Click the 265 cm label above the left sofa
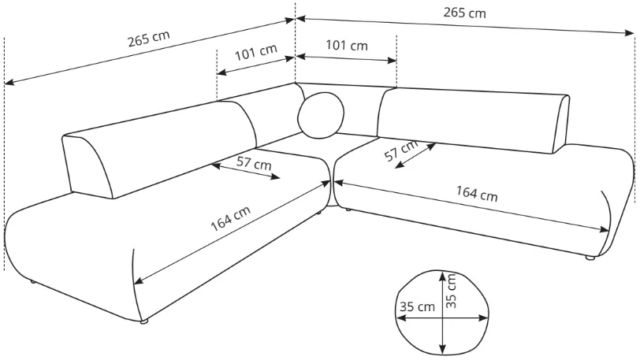click(148, 39)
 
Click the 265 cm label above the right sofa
click(464, 13)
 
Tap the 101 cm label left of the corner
click(256, 52)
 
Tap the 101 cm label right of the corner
click(347, 45)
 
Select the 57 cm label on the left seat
click(254, 163)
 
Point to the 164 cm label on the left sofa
click(231, 218)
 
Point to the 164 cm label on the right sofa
click(477, 194)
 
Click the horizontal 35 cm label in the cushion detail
click(417, 306)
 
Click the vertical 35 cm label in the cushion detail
click(451, 290)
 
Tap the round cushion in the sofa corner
click(322, 116)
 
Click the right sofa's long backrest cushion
click(473, 121)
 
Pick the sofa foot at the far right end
click(590, 258)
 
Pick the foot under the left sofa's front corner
click(143, 321)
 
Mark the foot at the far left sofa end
click(32, 281)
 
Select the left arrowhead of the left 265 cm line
click(9, 83)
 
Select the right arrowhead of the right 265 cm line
click(630, 33)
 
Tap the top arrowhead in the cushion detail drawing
click(442, 276)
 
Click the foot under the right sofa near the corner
click(348, 210)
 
